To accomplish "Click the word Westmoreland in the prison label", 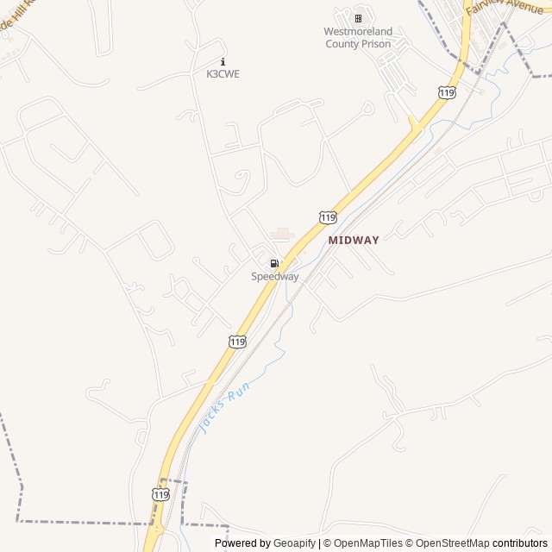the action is point(358,32).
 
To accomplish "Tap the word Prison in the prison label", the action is point(376,44).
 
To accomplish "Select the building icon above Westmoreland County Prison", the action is point(358,18).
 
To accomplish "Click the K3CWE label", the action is point(223,74).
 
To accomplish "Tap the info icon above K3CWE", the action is point(223,61).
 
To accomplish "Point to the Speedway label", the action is point(274,277).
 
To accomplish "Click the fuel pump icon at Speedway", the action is point(274,263).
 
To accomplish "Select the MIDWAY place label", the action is point(354,241).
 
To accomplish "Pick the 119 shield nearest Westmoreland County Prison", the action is point(446,92).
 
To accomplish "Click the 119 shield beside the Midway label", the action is point(326,217).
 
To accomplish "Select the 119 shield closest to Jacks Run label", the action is point(237,342).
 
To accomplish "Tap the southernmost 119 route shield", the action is point(160,494).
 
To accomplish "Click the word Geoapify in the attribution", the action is point(294,543).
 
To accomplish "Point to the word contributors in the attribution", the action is point(519,543).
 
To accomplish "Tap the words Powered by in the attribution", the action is point(242,543).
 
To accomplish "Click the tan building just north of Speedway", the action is point(282,234).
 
